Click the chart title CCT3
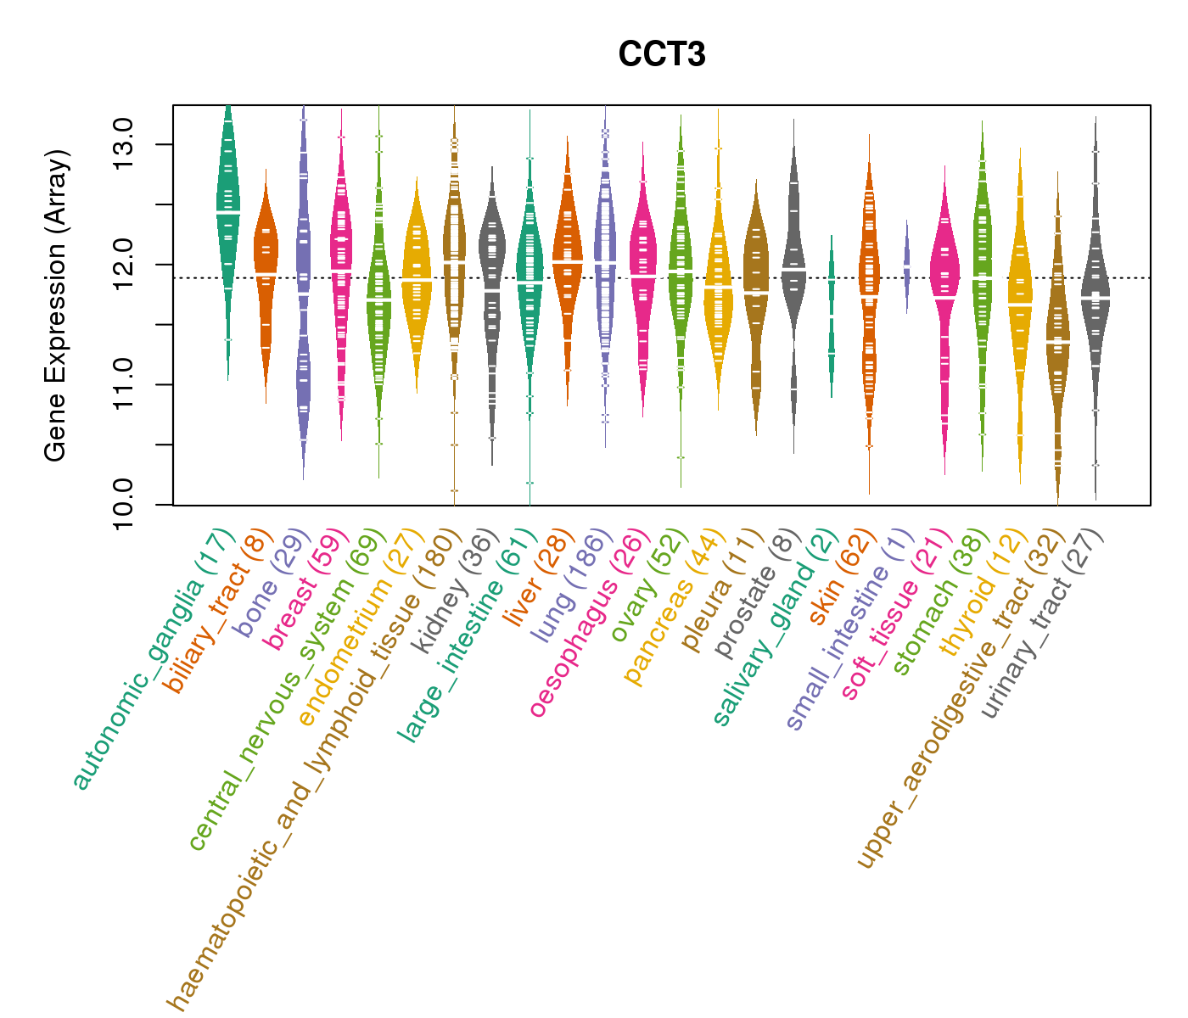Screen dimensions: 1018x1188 [662, 54]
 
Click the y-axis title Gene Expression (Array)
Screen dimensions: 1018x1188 [56, 306]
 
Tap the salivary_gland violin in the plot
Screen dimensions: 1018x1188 [832, 314]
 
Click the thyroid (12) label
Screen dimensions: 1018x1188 [979, 597]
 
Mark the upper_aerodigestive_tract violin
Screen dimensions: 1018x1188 [1057, 339]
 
